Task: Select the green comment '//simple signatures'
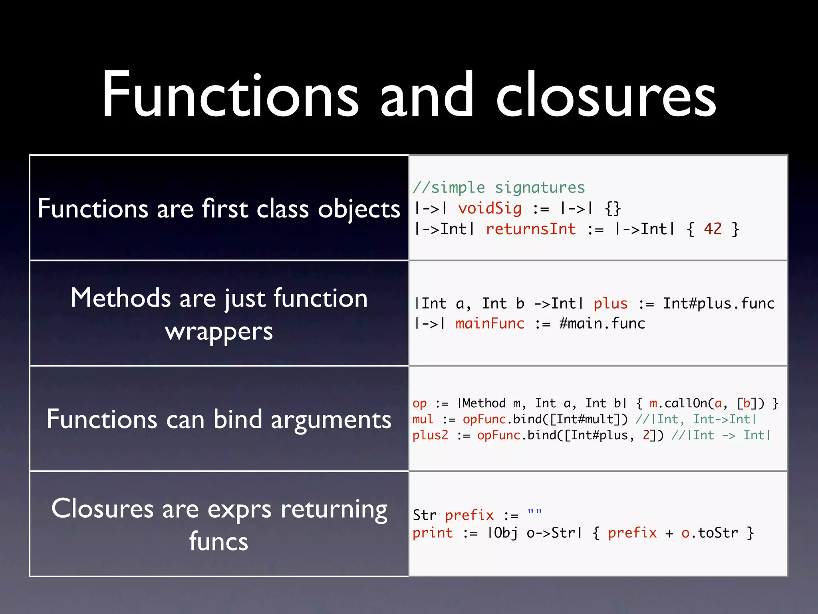click(499, 187)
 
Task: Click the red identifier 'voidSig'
click(490, 208)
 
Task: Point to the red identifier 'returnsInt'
click(531, 229)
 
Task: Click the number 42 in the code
click(713, 229)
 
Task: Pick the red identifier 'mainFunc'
click(490, 323)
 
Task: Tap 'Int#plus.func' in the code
click(719, 303)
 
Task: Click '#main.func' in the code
click(602, 323)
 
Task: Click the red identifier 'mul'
click(423, 419)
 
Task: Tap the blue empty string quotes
click(535, 513)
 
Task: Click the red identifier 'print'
click(433, 533)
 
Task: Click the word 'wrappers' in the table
click(219, 331)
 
